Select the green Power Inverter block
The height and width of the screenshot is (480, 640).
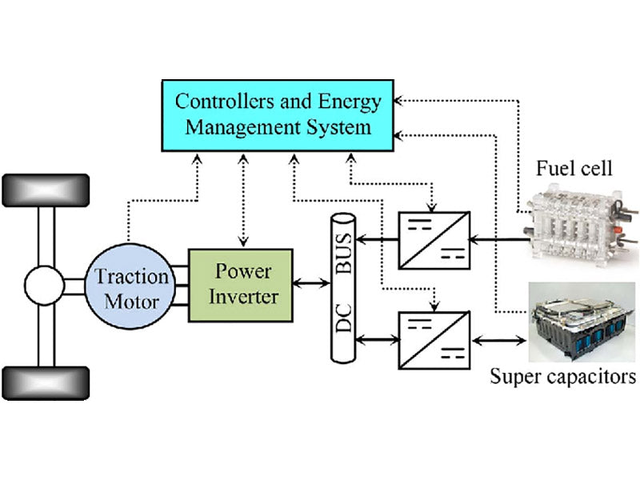click(x=241, y=285)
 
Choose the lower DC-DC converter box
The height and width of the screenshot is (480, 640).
click(x=434, y=340)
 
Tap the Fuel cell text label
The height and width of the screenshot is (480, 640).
click(x=574, y=169)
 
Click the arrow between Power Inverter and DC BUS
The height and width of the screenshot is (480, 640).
click(x=313, y=282)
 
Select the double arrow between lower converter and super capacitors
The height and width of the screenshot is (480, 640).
click(x=498, y=340)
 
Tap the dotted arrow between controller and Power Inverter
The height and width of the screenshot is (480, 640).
click(x=242, y=200)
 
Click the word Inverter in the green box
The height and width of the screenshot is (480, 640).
click(x=241, y=297)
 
